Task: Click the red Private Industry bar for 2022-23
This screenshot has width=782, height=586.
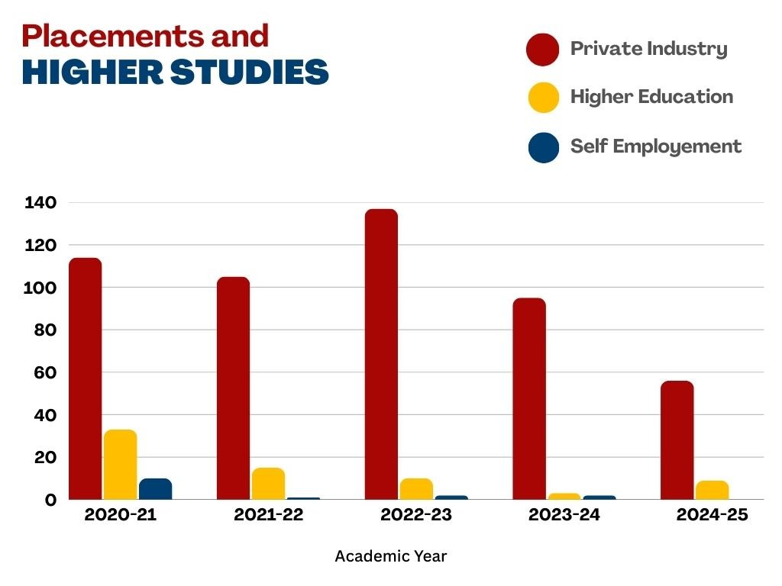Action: [x=381, y=354]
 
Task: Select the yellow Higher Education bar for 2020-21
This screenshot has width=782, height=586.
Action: [x=120, y=464]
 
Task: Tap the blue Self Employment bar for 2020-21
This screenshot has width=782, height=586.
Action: [x=155, y=489]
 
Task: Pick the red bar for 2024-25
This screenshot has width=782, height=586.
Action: [x=677, y=439]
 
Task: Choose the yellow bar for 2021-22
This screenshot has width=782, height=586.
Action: [x=268, y=483]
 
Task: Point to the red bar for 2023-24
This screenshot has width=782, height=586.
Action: [x=529, y=398]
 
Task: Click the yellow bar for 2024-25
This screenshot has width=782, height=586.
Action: [x=713, y=490]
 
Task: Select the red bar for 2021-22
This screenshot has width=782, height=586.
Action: [x=233, y=388]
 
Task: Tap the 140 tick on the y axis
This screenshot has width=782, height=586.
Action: [x=40, y=203]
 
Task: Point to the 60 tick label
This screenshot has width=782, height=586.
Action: [x=44, y=373]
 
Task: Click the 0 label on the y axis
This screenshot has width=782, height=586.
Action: [x=50, y=500]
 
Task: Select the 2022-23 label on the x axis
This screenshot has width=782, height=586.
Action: [x=416, y=515]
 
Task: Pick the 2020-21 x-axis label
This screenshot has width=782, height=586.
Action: [x=120, y=515]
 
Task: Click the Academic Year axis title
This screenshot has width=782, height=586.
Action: [x=390, y=556]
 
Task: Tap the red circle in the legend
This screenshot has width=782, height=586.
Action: [x=543, y=50]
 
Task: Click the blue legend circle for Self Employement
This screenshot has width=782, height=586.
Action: [x=543, y=146]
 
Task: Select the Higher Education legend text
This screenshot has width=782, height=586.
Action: [x=651, y=97]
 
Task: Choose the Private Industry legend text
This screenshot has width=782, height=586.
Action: [x=648, y=49]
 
